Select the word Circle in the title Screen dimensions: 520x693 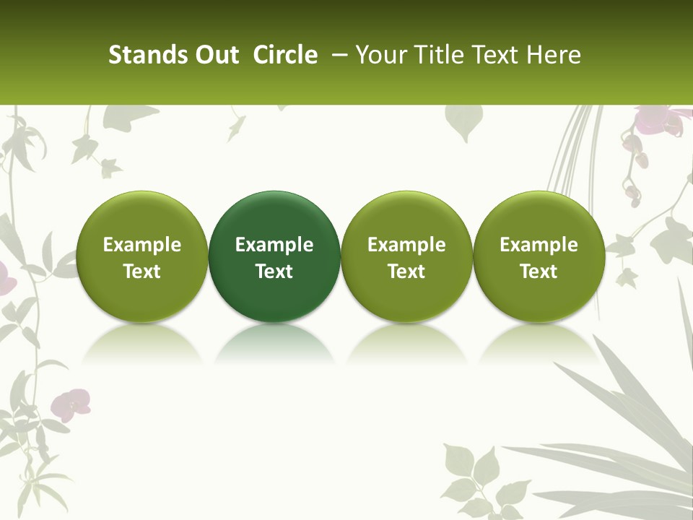point(285,55)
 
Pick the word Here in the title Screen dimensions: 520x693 point(554,55)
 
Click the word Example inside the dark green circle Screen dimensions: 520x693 point(274,245)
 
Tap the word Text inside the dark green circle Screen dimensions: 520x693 point(274,272)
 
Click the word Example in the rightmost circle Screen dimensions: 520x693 point(539,245)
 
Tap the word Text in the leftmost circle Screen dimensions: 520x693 point(141,272)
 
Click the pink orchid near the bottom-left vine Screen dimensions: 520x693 point(73,403)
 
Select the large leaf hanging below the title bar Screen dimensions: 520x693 point(463,123)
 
